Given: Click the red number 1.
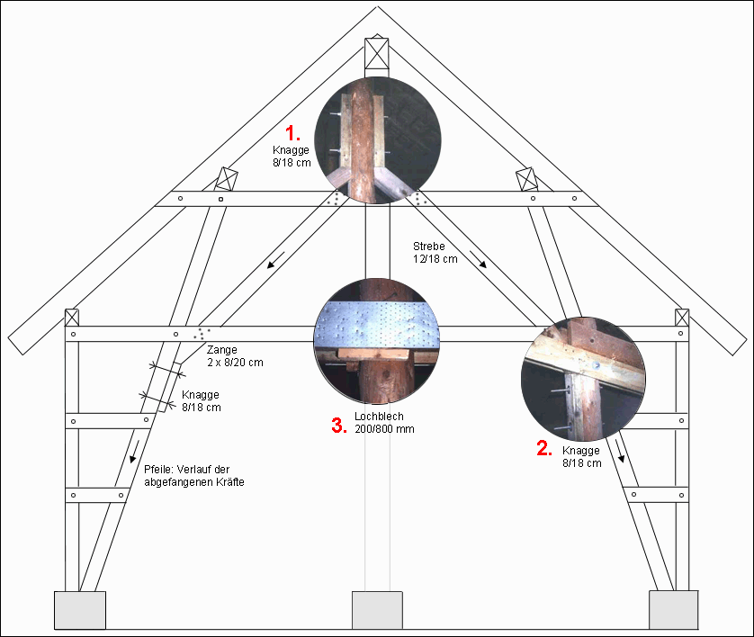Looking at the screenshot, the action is click(x=292, y=132).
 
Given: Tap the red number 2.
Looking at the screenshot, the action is click(x=543, y=449).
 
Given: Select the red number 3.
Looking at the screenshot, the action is click(x=339, y=426).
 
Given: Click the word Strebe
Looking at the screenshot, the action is click(x=429, y=247).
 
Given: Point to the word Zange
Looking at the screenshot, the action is click(x=221, y=350).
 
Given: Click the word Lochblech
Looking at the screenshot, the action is click(x=379, y=417).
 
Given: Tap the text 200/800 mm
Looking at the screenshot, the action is click(x=384, y=429).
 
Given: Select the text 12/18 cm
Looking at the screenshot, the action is click(x=435, y=258).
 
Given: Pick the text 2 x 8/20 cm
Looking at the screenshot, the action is click(x=235, y=363).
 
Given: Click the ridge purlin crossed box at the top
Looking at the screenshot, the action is click(x=376, y=54).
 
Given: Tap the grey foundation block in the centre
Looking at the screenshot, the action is click(x=377, y=610).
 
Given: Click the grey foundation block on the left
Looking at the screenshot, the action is click(x=80, y=610).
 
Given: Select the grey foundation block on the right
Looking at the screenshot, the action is click(x=674, y=610).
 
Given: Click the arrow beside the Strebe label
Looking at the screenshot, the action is click(x=478, y=259).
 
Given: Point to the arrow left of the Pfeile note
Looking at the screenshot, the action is click(x=135, y=452).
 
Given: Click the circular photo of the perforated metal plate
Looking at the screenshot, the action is click(x=376, y=341).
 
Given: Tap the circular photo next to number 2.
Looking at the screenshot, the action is click(x=583, y=379).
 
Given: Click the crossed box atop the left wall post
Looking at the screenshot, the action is click(x=72, y=318).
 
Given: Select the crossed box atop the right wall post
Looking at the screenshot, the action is click(x=682, y=318).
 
